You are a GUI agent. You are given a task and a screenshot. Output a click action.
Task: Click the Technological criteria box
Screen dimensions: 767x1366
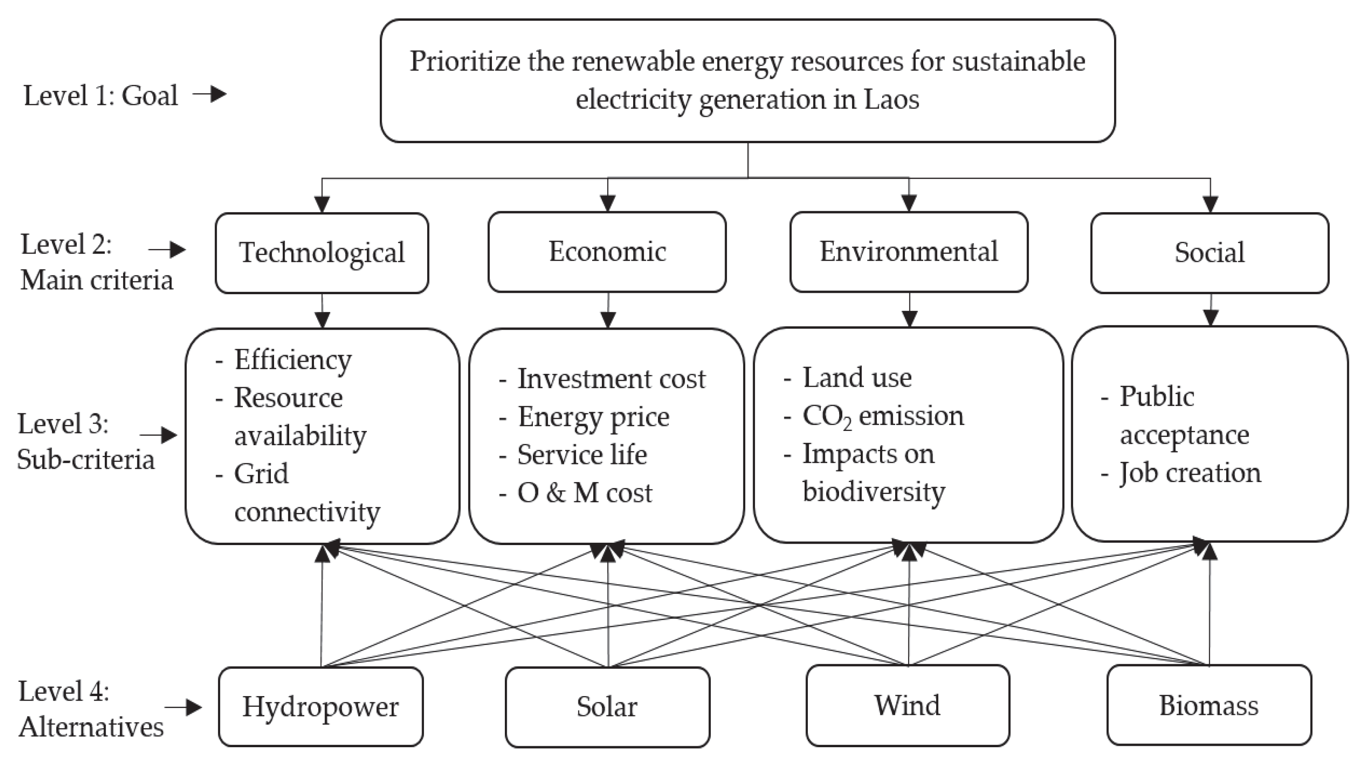(x=322, y=253)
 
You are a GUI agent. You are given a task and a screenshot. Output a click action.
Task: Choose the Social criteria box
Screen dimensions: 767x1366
(x=1210, y=253)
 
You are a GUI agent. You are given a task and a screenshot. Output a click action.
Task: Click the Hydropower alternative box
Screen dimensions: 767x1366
(x=321, y=707)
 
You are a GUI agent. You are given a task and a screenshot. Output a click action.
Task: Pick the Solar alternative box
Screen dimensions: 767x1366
(x=607, y=707)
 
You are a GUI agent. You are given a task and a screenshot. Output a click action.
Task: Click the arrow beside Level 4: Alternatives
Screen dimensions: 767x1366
(x=183, y=708)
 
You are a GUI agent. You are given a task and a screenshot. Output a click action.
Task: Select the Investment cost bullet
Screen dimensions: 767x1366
(x=611, y=379)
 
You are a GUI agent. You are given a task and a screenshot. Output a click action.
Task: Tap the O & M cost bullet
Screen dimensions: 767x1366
(x=584, y=493)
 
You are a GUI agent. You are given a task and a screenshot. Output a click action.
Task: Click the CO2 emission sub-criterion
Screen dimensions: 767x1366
(x=883, y=416)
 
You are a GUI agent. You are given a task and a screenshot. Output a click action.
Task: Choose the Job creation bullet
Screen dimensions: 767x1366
(x=1190, y=473)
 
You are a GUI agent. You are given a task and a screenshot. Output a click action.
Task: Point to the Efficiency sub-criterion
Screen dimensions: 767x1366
(x=293, y=360)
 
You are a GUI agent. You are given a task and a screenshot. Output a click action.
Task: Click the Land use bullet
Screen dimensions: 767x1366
(x=857, y=378)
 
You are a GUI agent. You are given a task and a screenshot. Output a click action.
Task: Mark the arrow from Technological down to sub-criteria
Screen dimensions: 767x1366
(x=322, y=311)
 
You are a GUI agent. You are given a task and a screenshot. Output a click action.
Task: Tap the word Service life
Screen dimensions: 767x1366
(x=582, y=455)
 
